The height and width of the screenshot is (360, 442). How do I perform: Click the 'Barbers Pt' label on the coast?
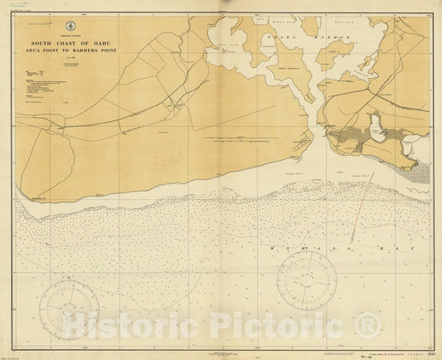(x=38, y=199)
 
